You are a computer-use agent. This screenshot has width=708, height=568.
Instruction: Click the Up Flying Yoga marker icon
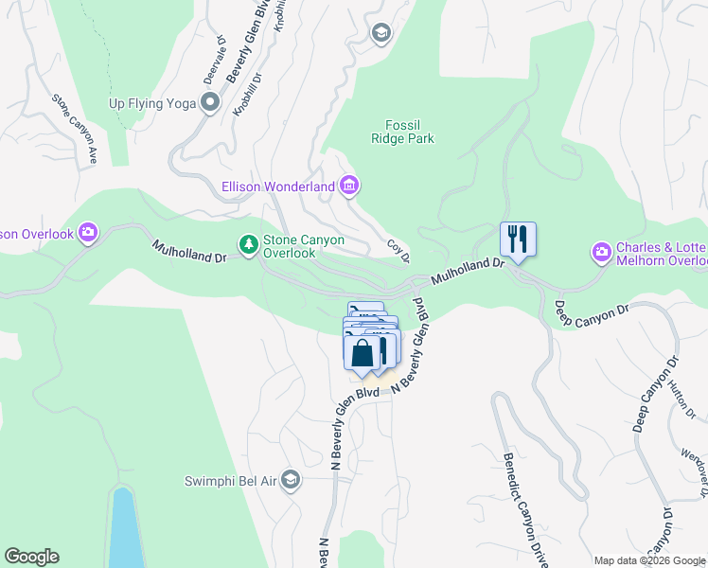(210, 103)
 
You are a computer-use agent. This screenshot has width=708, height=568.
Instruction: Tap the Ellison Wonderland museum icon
(349, 186)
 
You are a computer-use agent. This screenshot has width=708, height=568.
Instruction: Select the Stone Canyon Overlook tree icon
(249, 245)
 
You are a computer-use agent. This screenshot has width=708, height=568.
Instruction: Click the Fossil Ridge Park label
(410, 132)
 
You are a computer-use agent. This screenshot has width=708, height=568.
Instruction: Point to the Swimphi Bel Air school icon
(291, 481)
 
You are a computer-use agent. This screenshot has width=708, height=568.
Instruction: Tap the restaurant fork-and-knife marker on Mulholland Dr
(518, 238)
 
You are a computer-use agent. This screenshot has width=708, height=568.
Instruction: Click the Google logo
(31, 557)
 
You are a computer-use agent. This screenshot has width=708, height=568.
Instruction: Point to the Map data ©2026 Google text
(648, 560)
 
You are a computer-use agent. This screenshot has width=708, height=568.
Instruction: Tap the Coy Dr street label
(398, 251)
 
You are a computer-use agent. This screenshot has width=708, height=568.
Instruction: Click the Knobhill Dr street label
(246, 95)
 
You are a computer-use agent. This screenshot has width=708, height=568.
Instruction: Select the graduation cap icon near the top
(381, 34)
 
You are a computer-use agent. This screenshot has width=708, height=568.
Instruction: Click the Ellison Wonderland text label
(277, 186)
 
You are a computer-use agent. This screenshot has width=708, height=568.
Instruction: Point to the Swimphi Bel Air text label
(231, 481)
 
